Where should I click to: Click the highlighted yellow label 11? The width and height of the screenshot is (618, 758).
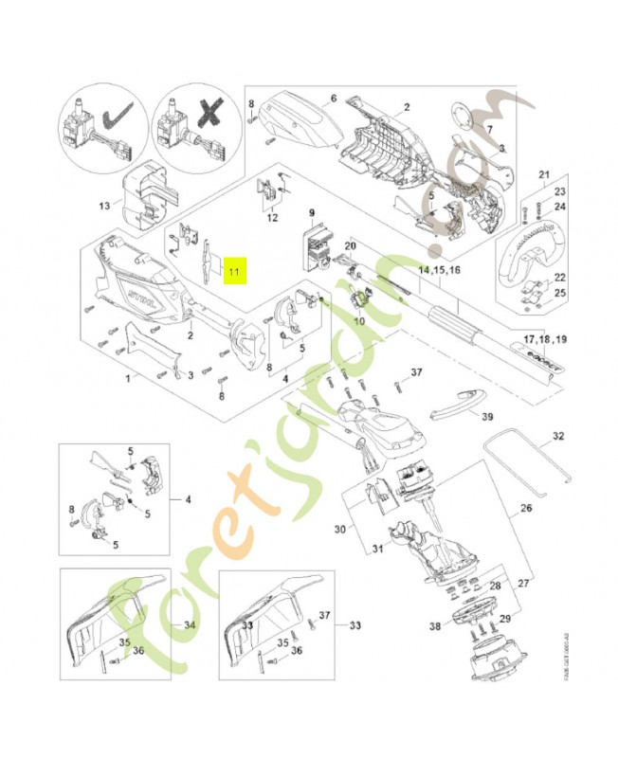click(232, 272)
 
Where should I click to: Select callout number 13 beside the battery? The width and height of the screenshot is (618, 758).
click(104, 205)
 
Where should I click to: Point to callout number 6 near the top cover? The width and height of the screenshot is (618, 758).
click(334, 98)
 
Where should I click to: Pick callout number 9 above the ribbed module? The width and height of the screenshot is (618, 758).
click(312, 212)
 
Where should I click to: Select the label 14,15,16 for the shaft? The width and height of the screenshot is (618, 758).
click(439, 270)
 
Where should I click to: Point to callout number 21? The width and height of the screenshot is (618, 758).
click(544, 174)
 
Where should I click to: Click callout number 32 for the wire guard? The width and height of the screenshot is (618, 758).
click(557, 437)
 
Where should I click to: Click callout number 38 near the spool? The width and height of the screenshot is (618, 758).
click(435, 626)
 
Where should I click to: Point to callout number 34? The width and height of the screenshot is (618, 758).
click(190, 625)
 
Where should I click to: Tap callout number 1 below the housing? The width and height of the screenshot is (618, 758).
click(127, 378)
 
